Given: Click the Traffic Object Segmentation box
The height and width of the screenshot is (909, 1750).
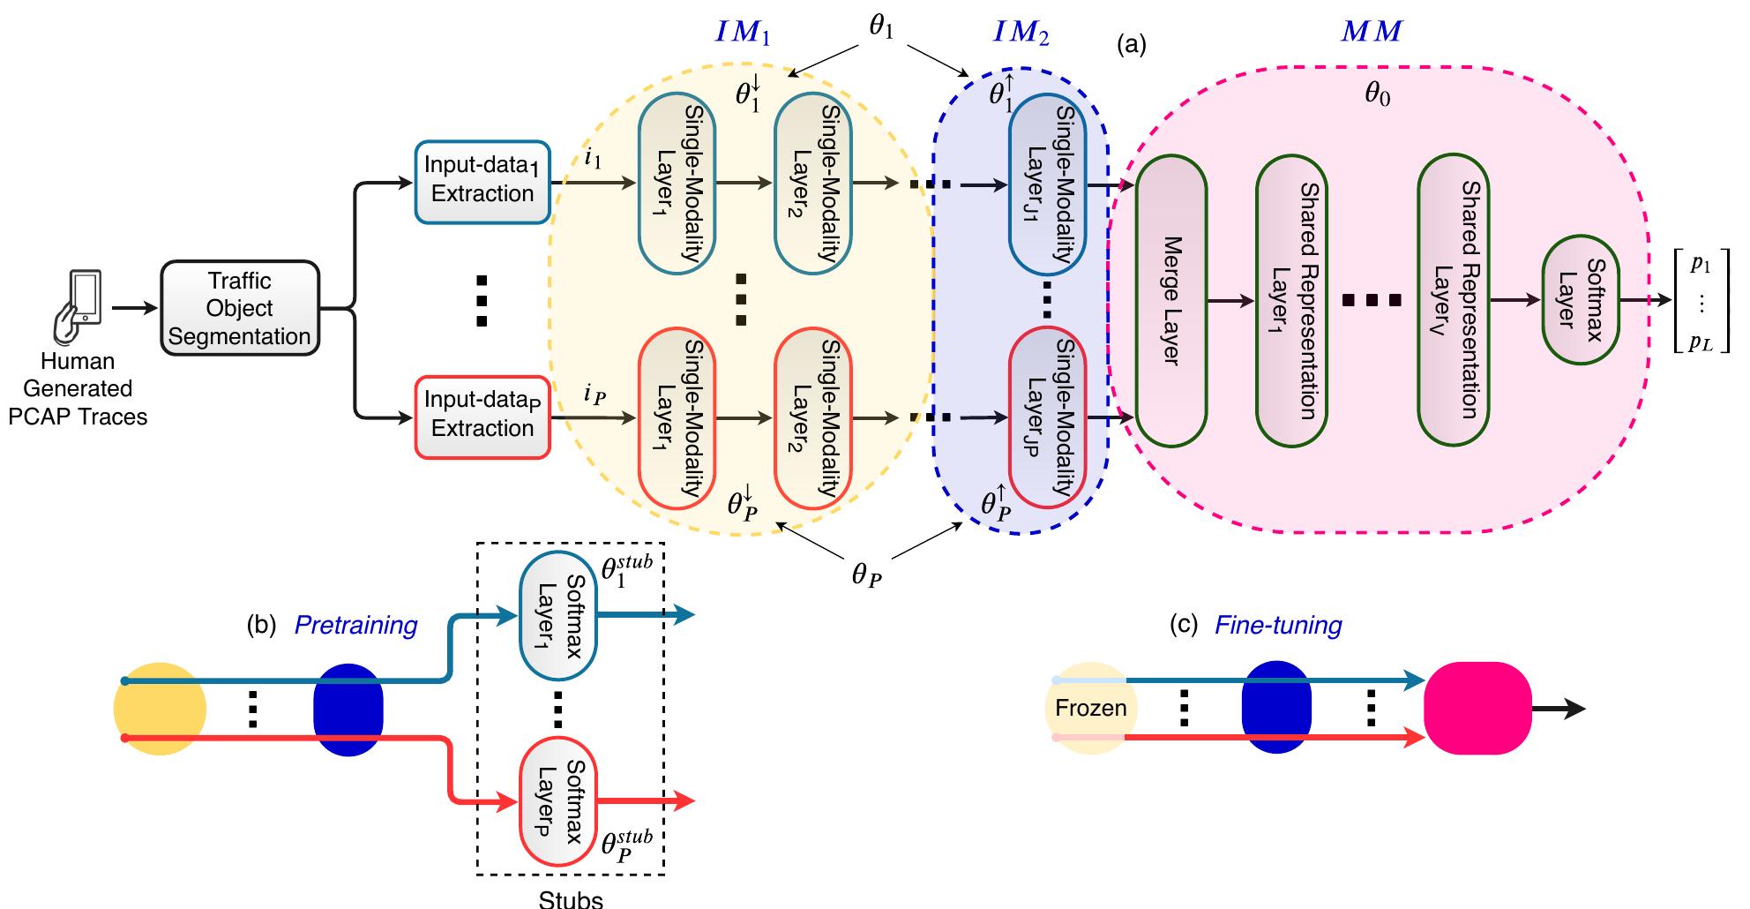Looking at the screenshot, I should click(x=239, y=308).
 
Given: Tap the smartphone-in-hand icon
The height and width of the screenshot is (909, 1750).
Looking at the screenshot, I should click(x=78, y=307).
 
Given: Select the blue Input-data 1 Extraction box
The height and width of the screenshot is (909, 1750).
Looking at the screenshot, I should click(x=482, y=180).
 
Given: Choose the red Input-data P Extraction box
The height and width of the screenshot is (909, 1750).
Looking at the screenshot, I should click(x=482, y=415).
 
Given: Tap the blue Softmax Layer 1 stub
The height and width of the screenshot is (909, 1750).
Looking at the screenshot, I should click(x=557, y=616).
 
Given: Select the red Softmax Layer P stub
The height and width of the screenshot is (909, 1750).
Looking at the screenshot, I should click(x=557, y=801).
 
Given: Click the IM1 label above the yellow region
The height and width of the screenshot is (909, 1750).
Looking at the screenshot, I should click(x=743, y=34).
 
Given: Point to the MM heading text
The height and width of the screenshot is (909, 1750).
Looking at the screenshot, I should click(x=1371, y=32).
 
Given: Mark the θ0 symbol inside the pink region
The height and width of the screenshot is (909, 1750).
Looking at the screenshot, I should click(x=1377, y=93).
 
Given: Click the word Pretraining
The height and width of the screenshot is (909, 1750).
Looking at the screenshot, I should click(x=355, y=625).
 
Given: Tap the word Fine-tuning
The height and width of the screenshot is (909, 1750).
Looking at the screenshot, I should click(x=1278, y=625).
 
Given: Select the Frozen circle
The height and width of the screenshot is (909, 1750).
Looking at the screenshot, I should click(x=1091, y=708).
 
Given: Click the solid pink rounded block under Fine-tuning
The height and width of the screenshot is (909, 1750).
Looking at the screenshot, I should click(x=1477, y=708).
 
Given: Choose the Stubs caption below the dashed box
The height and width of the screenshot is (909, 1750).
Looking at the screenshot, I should click(x=571, y=899).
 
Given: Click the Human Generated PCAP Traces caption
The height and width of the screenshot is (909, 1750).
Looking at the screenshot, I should click(x=78, y=388).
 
